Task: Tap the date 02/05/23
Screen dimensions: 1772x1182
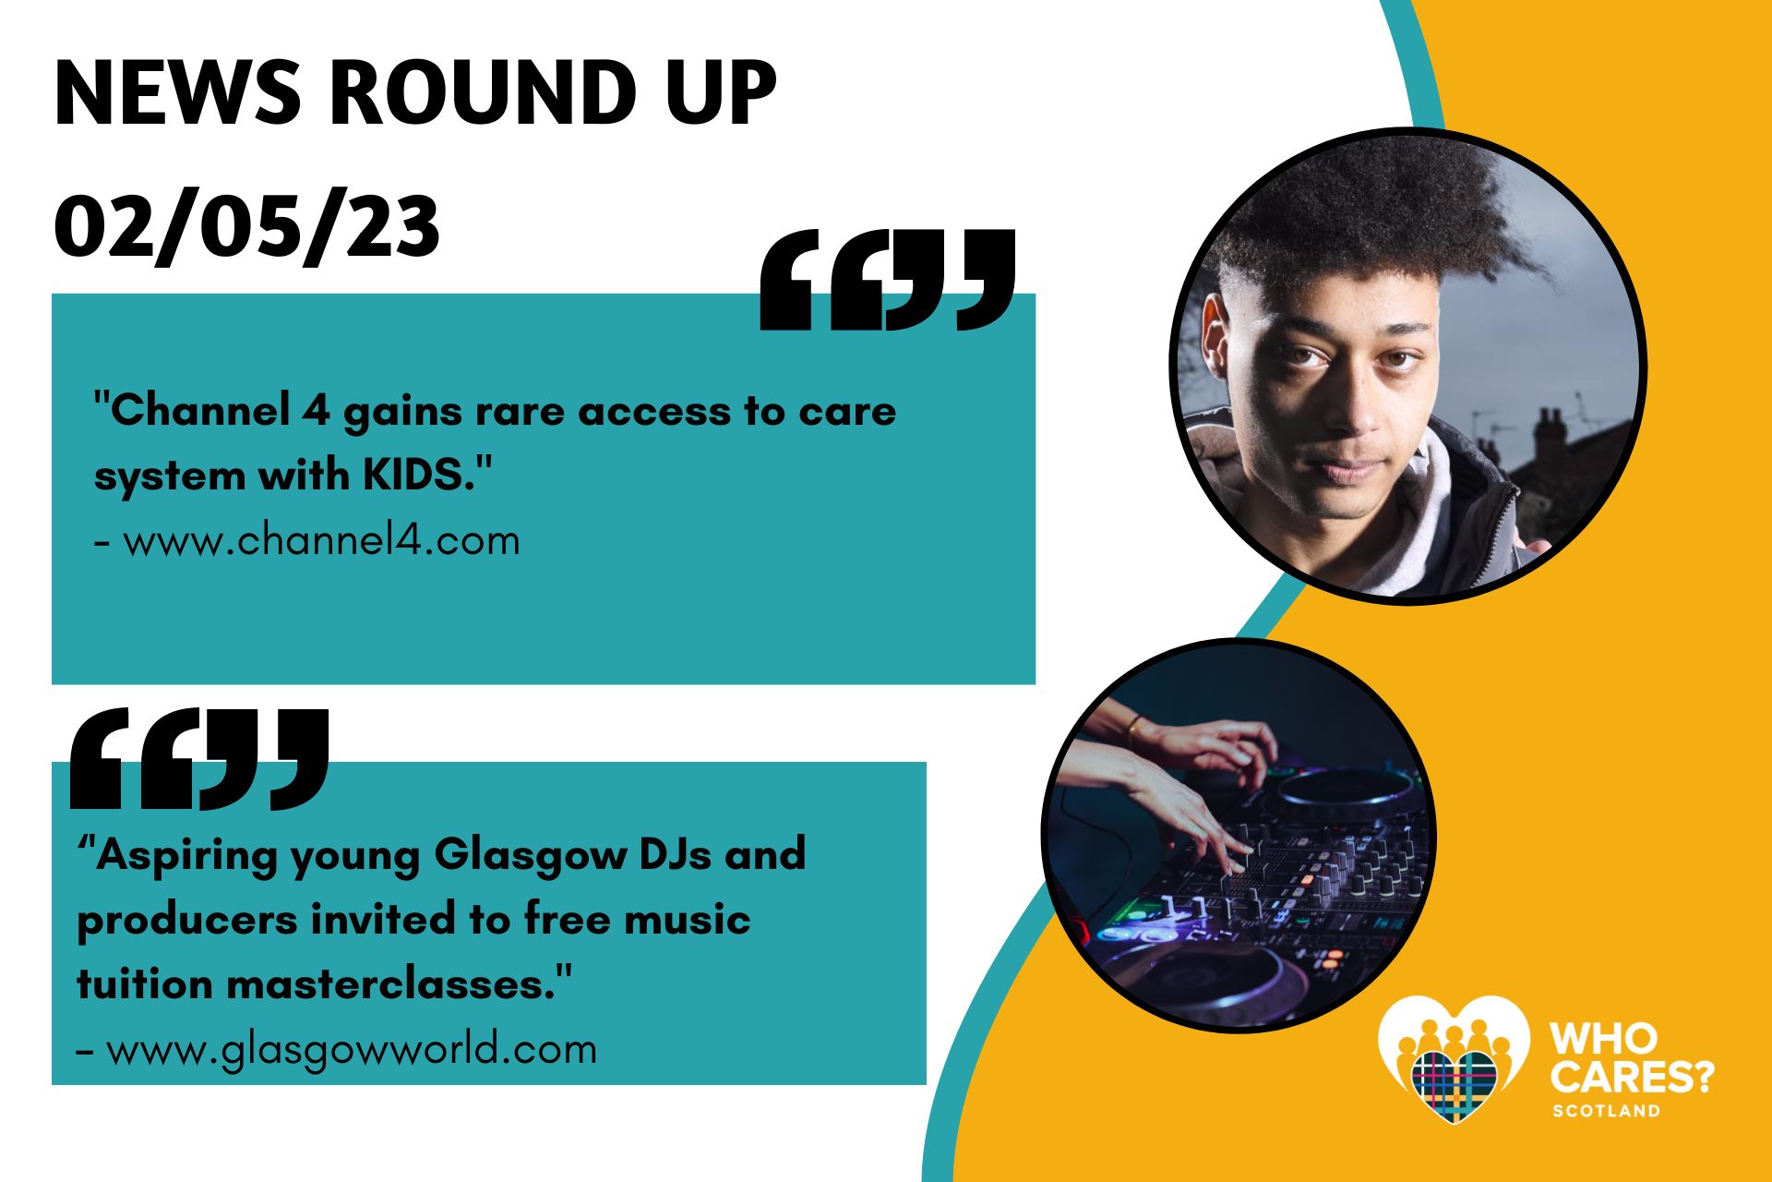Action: [246, 227]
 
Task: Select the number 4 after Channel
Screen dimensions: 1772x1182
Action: [316, 411]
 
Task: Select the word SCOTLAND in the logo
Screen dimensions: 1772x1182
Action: [1607, 1111]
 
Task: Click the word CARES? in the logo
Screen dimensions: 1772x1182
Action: [1632, 1076]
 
